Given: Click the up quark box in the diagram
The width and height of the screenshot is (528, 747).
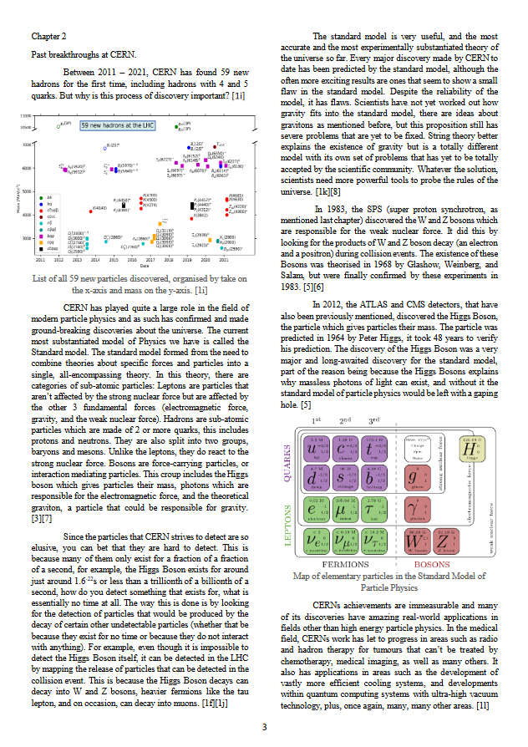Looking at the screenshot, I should coord(317,452).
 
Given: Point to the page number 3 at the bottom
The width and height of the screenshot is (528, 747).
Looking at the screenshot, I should coord(264,727).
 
